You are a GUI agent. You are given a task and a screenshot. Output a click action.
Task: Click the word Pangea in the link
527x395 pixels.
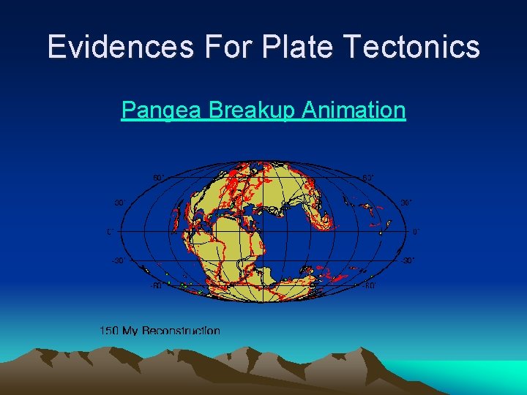pyautogui.click(x=162, y=110)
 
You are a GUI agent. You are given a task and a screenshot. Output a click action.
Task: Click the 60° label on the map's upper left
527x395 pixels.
pyautogui.click(x=158, y=177)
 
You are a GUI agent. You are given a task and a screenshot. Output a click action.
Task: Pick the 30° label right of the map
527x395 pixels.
pyautogui.click(x=407, y=203)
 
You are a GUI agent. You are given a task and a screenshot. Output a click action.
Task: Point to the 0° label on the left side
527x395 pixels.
pyautogui.click(x=111, y=232)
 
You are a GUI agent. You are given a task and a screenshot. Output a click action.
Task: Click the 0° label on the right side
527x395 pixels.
pyautogui.click(x=415, y=232)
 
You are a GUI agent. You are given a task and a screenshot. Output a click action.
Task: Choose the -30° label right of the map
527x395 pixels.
pyautogui.click(x=408, y=260)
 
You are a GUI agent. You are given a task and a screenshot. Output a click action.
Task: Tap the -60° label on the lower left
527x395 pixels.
pyautogui.click(x=156, y=286)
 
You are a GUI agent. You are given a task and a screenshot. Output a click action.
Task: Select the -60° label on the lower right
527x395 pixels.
pyautogui.click(x=370, y=286)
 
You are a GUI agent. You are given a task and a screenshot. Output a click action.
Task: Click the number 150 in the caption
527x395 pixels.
pyautogui.click(x=109, y=331)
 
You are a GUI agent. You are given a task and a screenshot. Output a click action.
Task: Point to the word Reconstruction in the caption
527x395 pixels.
pyautogui.click(x=181, y=331)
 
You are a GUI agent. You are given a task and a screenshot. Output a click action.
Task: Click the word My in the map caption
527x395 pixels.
pyautogui.click(x=130, y=331)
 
